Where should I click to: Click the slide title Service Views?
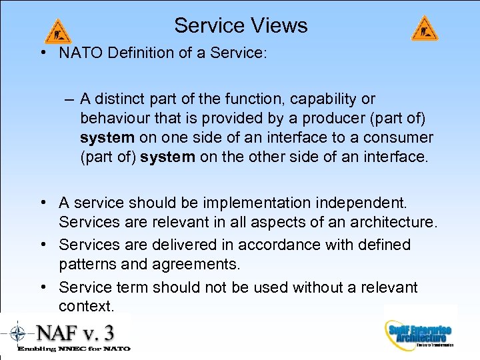(x=241, y=25)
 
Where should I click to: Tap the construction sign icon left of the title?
(x=58, y=31)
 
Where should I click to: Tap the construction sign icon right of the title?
(x=425, y=29)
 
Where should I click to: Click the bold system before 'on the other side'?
(x=167, y=157)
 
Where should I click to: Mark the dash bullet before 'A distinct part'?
(x=69, y=99)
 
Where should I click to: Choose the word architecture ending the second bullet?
(x=395, y=222)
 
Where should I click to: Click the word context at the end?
(x=86, y=306)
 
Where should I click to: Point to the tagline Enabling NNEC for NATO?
(x=73, y=348)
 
